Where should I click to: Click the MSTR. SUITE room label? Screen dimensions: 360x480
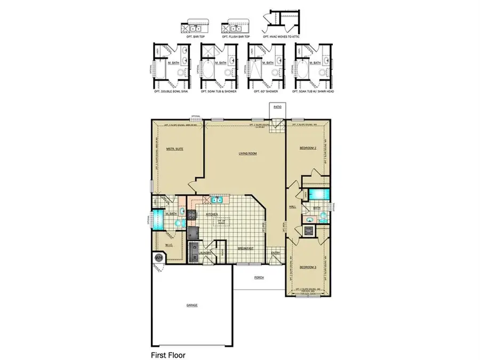175,149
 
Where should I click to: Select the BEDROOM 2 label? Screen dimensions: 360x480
308,148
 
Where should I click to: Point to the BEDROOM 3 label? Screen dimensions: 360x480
308,267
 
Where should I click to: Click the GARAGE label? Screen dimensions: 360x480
191,305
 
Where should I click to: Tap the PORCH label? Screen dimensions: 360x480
259,277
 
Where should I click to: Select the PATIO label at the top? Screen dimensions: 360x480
277,107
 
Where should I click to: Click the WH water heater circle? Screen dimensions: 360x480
158,258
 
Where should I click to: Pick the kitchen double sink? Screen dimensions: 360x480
217,200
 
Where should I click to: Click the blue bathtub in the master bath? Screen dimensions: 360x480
158,219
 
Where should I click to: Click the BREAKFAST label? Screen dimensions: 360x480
245,249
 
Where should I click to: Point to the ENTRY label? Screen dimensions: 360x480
276,253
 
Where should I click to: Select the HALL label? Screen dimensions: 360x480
292,206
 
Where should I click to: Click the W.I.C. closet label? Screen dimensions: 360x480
168,245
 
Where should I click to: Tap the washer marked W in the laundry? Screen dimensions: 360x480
195,257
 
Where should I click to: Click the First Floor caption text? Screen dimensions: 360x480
168,354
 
